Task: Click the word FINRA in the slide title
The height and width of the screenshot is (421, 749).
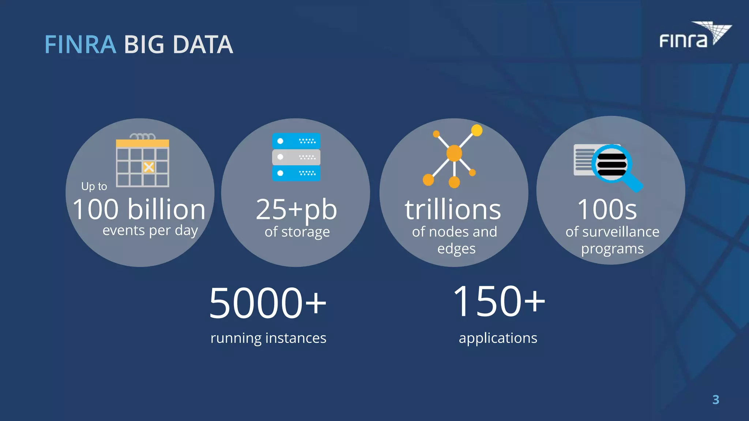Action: coord(80,45)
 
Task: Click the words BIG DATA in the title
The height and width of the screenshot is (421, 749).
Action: coord(178,45)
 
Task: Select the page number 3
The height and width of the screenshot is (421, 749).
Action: coord(716,399)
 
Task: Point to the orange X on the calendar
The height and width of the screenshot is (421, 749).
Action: coord(148,167)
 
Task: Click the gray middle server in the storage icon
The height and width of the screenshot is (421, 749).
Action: coord(296,157)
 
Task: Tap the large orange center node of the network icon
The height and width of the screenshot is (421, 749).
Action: coord(454,153)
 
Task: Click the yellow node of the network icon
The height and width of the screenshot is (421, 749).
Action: coord(477,130)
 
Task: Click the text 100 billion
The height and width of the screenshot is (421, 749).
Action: coord(139,209)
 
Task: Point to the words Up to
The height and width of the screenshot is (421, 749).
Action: coord(94,186)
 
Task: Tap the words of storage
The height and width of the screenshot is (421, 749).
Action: coord(297,232)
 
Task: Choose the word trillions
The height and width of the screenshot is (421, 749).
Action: coord(453,210)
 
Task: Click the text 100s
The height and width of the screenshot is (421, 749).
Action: coord(607,209)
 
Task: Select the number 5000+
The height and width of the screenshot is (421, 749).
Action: coord(267,303)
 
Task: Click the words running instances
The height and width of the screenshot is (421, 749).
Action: coord(268,338)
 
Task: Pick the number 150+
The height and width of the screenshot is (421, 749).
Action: coord(498,301)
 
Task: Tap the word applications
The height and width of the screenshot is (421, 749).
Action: coord(498,338)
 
